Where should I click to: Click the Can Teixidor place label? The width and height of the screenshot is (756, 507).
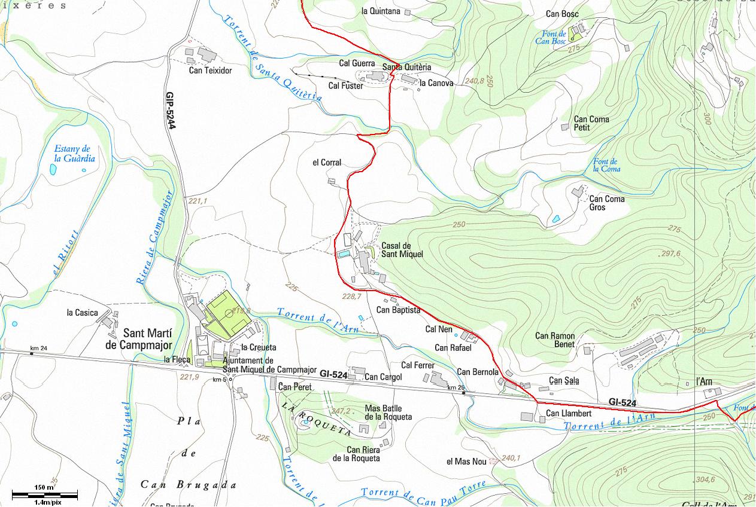tap(210, 71)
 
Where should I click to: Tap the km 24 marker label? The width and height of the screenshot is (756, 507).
tap(38, 348)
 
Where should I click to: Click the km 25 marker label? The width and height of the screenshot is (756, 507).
tap(456, 388)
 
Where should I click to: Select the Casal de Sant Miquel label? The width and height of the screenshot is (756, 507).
tap(402, 250)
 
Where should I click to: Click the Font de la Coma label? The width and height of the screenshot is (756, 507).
tap(606, 165)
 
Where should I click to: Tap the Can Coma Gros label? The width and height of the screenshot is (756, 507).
tap(606, 203)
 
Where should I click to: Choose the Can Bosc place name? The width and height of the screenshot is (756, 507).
tap(561, 14)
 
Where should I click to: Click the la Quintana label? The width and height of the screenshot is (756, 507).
tap(381, 11)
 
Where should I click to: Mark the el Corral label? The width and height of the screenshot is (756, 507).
tap(327, 163)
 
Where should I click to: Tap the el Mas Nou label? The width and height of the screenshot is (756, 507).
tap(466, 462)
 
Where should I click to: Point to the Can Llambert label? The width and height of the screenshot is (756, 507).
tap(569, 414)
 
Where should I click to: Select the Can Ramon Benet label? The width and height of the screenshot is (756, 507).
tap(555, 340)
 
